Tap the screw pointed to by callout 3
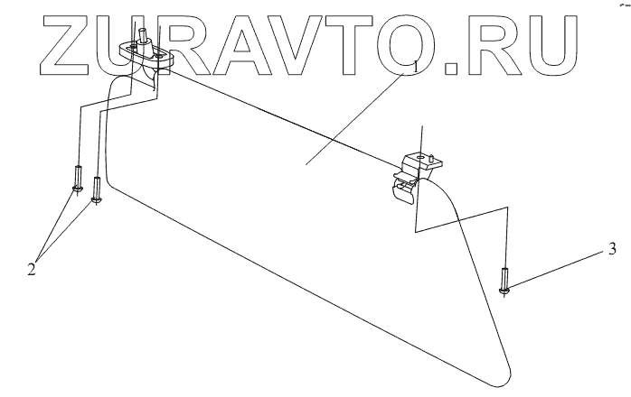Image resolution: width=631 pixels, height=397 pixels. (x=505, y=280)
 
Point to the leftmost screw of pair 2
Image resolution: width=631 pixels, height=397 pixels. (x=79, y=179)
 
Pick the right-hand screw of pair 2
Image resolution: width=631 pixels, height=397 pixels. (x=96, y=190)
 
